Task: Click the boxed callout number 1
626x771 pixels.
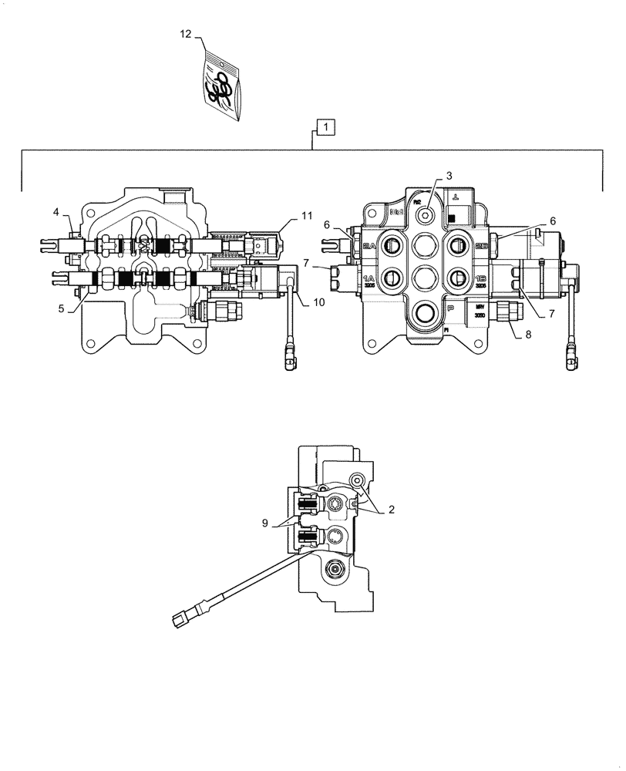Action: (326, 126)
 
